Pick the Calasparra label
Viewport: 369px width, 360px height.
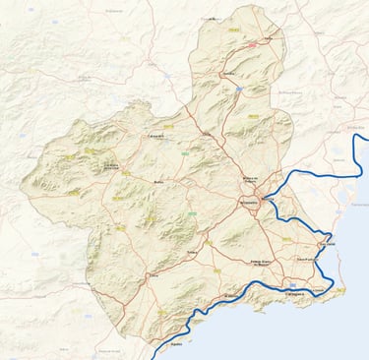tap(155, 136)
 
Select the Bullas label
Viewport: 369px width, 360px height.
tap(159, 183)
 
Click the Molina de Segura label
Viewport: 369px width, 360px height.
tap(255, 179)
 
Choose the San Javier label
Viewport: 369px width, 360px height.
tap(328, 243)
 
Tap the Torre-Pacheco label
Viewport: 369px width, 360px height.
tap(307, 259)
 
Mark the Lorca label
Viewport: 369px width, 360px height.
tap(153, 277)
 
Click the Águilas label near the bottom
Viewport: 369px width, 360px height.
tap(176, 344)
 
